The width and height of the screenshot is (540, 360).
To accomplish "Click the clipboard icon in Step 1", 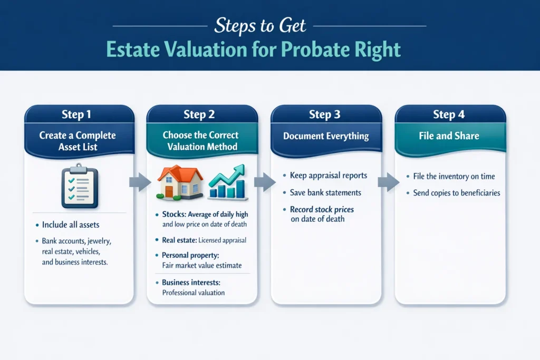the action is pos(80,186).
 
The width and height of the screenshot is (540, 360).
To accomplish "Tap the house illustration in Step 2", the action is pos(180,182).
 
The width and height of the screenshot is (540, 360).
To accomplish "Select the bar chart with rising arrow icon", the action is pos(228,182).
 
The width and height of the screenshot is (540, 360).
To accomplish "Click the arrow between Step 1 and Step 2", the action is pos(140,182).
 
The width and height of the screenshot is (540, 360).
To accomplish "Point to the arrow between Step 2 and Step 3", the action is pos(265,182).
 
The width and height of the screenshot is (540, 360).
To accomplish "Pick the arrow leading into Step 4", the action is pos(389,182).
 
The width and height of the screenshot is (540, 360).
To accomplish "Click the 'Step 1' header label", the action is pos(76,114).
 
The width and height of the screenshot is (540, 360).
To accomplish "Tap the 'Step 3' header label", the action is pos(324,114).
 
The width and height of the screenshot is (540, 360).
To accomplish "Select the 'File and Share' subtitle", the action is pos(449,136).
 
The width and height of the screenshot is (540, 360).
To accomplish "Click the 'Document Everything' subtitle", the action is pos(326,137).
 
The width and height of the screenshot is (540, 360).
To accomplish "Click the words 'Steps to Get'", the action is pos(260,26).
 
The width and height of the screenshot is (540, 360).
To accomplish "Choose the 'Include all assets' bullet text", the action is pos(71,225).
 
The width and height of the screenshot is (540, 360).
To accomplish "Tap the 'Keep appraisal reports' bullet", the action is pos(329,176).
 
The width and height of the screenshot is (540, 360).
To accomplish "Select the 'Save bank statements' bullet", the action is pos(325,192).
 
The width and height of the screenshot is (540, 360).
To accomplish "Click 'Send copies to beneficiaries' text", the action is pos(457,193).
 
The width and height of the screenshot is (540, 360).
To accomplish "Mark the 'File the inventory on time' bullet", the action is pos(454,176).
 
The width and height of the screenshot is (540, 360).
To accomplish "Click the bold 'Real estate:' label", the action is pos(179,240).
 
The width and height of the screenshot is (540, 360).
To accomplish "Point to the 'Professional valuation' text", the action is pos(193,293).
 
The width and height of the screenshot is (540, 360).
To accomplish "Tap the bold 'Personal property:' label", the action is pos(190,255).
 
